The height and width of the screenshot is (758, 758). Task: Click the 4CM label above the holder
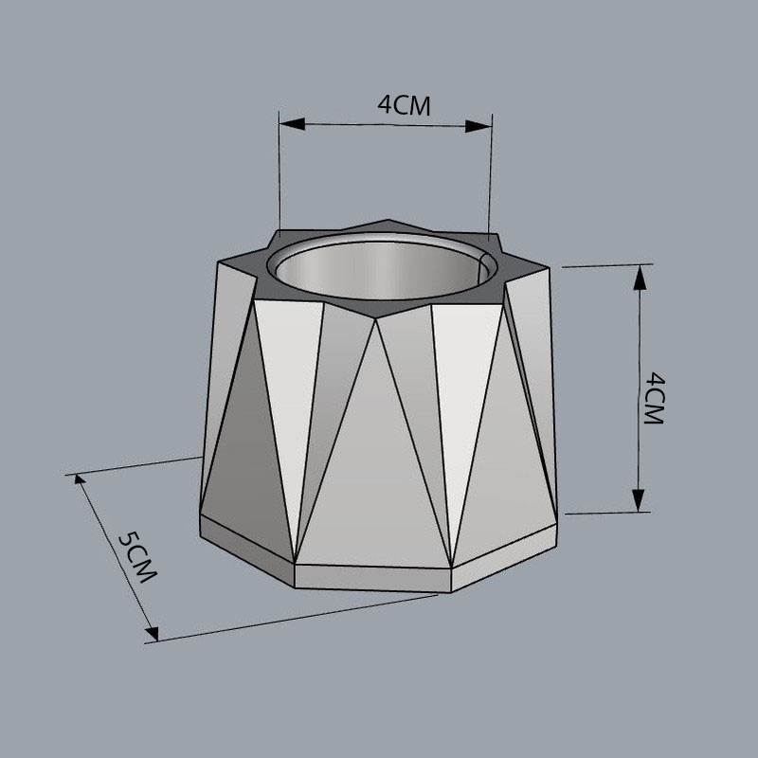[x=404, y=105]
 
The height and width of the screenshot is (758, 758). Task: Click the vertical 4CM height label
[x=654, y=398]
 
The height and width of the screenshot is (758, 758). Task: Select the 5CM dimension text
[x=137, y=556]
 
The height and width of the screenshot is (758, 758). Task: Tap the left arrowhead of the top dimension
[x=292, y=124]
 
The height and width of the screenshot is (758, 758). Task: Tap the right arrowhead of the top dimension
[x=478, y=126]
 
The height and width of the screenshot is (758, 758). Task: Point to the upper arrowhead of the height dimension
[x=640, y=278]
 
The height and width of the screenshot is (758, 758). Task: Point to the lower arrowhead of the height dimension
[x=639, y=500]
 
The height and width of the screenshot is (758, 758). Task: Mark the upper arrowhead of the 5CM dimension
[x=80, y=480]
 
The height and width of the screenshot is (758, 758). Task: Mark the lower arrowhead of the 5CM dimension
[x=153, y=634]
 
